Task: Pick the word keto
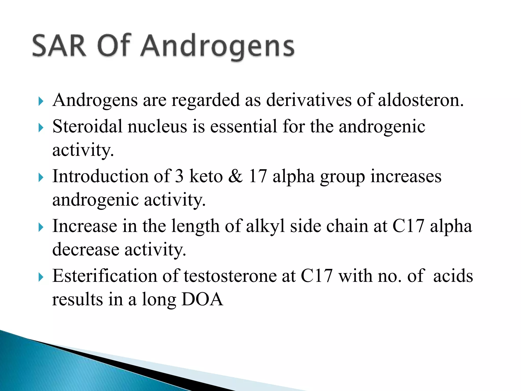point(206,176)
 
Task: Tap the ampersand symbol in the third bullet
point(236,176)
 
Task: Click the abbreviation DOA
point(202,299)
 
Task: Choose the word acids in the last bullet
point(453,276)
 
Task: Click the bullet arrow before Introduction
point(41,177)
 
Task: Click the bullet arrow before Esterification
point(41,277)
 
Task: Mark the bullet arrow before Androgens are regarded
point(41,101)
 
